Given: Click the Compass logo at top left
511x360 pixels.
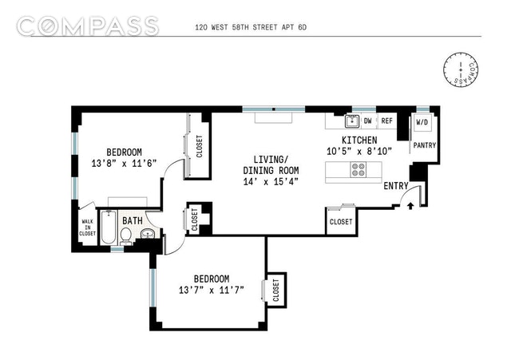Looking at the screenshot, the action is pos(88,26).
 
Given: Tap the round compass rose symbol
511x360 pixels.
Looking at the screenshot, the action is pos(461,69).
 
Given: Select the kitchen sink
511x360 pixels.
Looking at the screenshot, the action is pos(352,121).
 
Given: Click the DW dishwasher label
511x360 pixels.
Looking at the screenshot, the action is pos(367,121).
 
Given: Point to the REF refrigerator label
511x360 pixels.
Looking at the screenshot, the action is pos(386,121).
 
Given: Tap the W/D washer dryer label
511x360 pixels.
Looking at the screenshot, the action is pos(422,122).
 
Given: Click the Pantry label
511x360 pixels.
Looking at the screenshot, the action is pos(424,145).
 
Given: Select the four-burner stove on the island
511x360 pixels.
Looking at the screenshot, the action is pos(358,169).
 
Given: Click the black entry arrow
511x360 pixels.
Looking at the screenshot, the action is pos(410,206).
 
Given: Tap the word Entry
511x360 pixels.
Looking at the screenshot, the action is pos(396,186).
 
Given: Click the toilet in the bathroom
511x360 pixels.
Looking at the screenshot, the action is pos(125,235).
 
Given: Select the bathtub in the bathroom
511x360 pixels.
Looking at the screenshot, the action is pos(109,227).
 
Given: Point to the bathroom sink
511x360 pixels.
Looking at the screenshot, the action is pos(149,233).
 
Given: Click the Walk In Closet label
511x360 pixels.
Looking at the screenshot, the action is pos(87,227).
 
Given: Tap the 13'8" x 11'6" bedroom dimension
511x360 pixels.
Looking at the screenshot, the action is pos(125,163).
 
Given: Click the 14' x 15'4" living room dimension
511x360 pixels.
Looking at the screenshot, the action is pos(271,181).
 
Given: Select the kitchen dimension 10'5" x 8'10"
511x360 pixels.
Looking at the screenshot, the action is pos(359,151).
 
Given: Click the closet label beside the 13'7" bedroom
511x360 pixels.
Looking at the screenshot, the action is pos(275,290).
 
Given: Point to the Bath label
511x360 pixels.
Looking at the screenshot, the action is pos(133,220).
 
